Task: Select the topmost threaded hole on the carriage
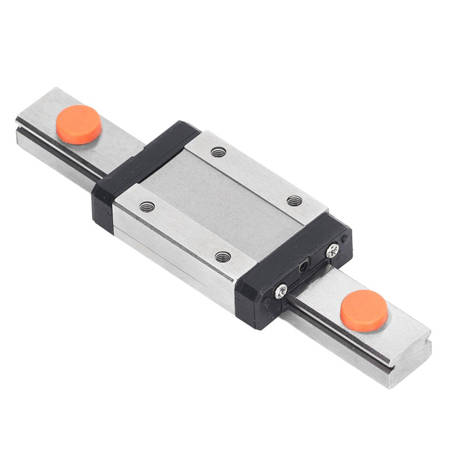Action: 219,152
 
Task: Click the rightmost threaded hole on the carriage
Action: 295,201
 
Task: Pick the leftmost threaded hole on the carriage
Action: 147,207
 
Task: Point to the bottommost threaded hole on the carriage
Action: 223,257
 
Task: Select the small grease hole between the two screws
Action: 304,266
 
